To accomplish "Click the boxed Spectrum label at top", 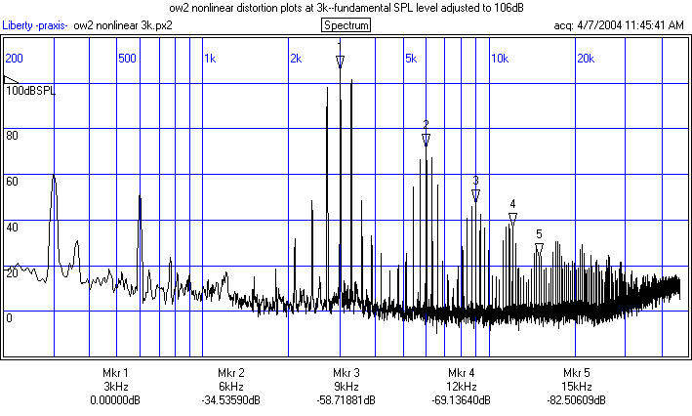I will click(346, 24).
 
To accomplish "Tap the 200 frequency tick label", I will click(14, 59).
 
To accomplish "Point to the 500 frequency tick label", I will click(126, 59).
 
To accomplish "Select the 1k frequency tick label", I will click(210, 59).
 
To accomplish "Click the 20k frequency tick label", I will click(586, 59).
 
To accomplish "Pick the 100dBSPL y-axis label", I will click(31, 91).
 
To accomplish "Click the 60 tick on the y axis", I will click(13, 182).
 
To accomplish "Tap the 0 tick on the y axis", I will click(9, 318).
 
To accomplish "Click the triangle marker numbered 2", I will click(426, 141).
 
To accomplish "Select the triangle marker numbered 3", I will click(475, 196).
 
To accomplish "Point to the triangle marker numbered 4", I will click(512, 219).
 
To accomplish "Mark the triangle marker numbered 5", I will click(539, 249).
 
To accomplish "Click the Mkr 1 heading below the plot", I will click(115, 373).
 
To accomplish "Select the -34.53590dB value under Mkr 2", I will click(230, 400).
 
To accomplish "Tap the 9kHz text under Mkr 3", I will click(346, 387).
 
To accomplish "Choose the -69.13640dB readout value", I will click(461, 400).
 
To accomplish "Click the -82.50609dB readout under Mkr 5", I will click(576, 400).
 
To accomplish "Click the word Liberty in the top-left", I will click(19, 25).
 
